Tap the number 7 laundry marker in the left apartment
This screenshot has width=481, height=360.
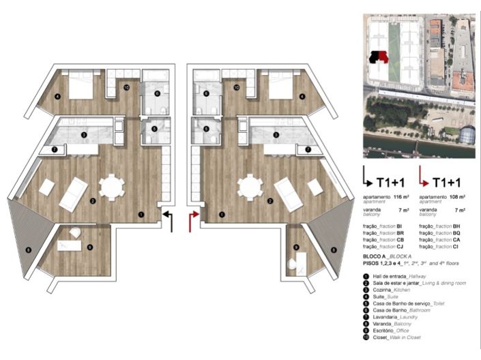click(55, 149)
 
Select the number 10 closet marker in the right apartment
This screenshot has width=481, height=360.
click(236, 87)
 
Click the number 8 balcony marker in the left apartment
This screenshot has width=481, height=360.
click(27, 250)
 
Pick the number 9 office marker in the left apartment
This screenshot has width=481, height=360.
click(89, 246)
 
